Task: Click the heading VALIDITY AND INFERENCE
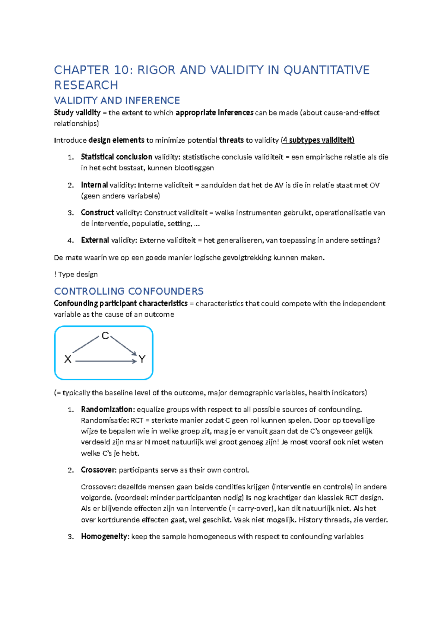pyautogui.click(x=117, y=100)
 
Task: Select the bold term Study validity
pyautogui.click(x=77, y=113)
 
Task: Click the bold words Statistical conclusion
pyautogui.click(x=116, y=157)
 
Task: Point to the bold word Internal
pyautogui.click(x=94, y=185)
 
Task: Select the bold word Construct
pyautogui.click(x=97, y=212)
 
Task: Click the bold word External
pyautogui.click(x=95, y=240)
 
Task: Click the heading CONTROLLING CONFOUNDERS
pyautogui.click(x=129, y=291)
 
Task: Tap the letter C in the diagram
pyautogui.click(x=105, y=336)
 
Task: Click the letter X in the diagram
pyautogui.click(x=68, y=359)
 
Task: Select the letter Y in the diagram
pyautogui.click(x=142, y=359)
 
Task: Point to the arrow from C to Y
pyautogui.click(x=124, y=346)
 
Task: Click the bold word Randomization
pyautogui.click(x=107, y=409)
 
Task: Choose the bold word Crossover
pyautogui.click(x=98, y=470)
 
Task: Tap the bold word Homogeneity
pyautogui.click(x=104, y=536)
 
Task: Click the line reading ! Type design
pyautogui.click(x=76, y=274)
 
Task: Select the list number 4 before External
pyautogui.click(x=70, y=241)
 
